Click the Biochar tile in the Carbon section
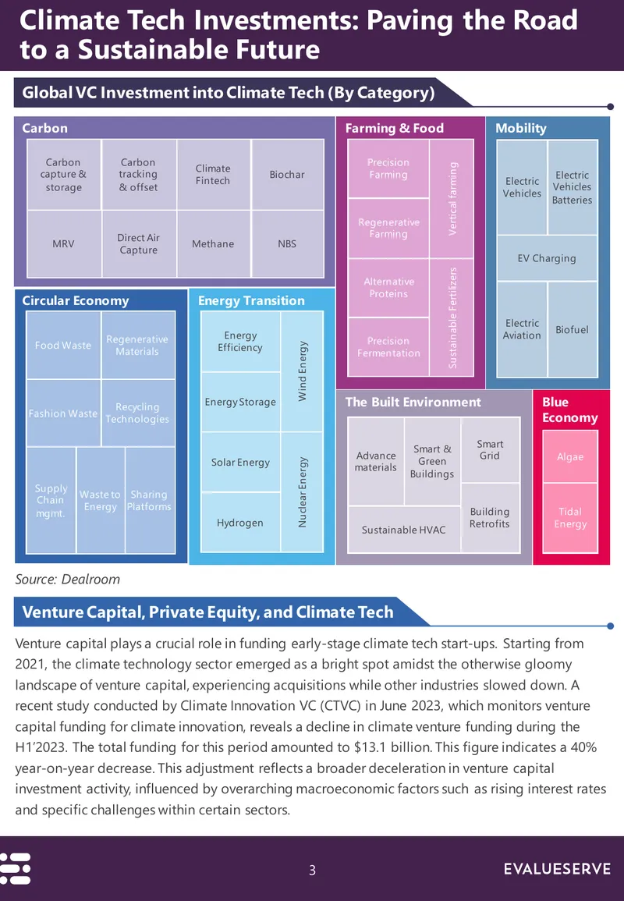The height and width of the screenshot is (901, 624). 287,174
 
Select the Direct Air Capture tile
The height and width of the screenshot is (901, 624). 139,243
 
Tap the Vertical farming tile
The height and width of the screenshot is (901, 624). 452,198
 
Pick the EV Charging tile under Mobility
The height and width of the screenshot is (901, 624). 547,258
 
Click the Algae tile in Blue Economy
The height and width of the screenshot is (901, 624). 570,457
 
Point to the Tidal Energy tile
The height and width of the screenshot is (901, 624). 570,518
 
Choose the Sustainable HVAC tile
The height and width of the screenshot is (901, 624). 403,530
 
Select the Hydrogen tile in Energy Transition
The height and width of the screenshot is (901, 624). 240,523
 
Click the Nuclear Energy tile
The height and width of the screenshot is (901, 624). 302,492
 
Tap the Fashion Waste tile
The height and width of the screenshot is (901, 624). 63,413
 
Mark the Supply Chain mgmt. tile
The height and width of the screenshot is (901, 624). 51,501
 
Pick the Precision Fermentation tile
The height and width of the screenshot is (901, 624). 388,347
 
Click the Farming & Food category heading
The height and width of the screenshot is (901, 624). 394,128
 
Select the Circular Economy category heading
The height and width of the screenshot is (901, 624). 76,300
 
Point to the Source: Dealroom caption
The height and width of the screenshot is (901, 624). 67,579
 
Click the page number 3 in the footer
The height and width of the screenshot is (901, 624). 312,870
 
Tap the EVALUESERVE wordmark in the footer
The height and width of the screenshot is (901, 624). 558,869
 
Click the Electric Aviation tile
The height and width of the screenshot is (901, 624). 522,329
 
